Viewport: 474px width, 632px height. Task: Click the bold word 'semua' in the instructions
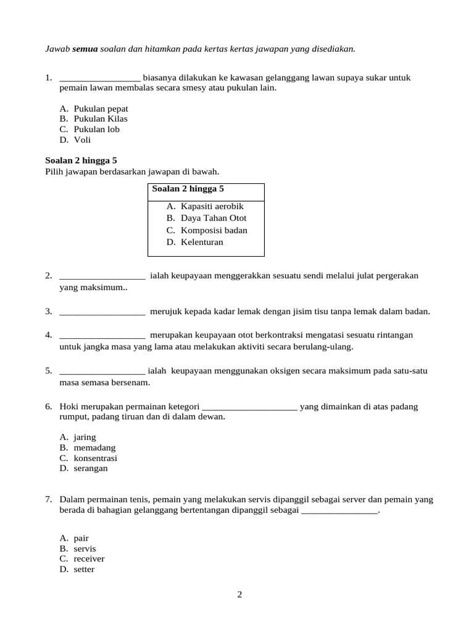coord(85,48)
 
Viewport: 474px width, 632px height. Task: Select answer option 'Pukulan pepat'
coord(101,109)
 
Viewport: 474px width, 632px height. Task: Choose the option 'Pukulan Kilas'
coord(101,119)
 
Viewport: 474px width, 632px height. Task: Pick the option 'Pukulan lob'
coord(96,130)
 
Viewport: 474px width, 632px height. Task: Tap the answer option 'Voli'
coord(82,140)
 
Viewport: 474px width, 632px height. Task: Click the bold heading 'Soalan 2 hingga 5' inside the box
coord(188,189)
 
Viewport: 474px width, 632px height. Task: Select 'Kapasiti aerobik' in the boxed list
coord(212,206)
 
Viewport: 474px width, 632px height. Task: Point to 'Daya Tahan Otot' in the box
coord(213,218)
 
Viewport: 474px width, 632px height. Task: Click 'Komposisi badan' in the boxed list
coord(214,230)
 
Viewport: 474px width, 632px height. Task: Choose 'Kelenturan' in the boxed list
coord(202,242)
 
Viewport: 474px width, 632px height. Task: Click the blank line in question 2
coord(102,276)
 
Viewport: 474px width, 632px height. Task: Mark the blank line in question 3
coord(102,312)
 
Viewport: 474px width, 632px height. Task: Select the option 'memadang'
coord(94,447)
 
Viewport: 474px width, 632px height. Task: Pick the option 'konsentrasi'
coord(95,458)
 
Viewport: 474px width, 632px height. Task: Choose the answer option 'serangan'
coord(91,468)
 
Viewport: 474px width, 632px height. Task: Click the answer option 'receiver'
coord(89,559)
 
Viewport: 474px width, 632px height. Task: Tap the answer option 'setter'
coord(84,570)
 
